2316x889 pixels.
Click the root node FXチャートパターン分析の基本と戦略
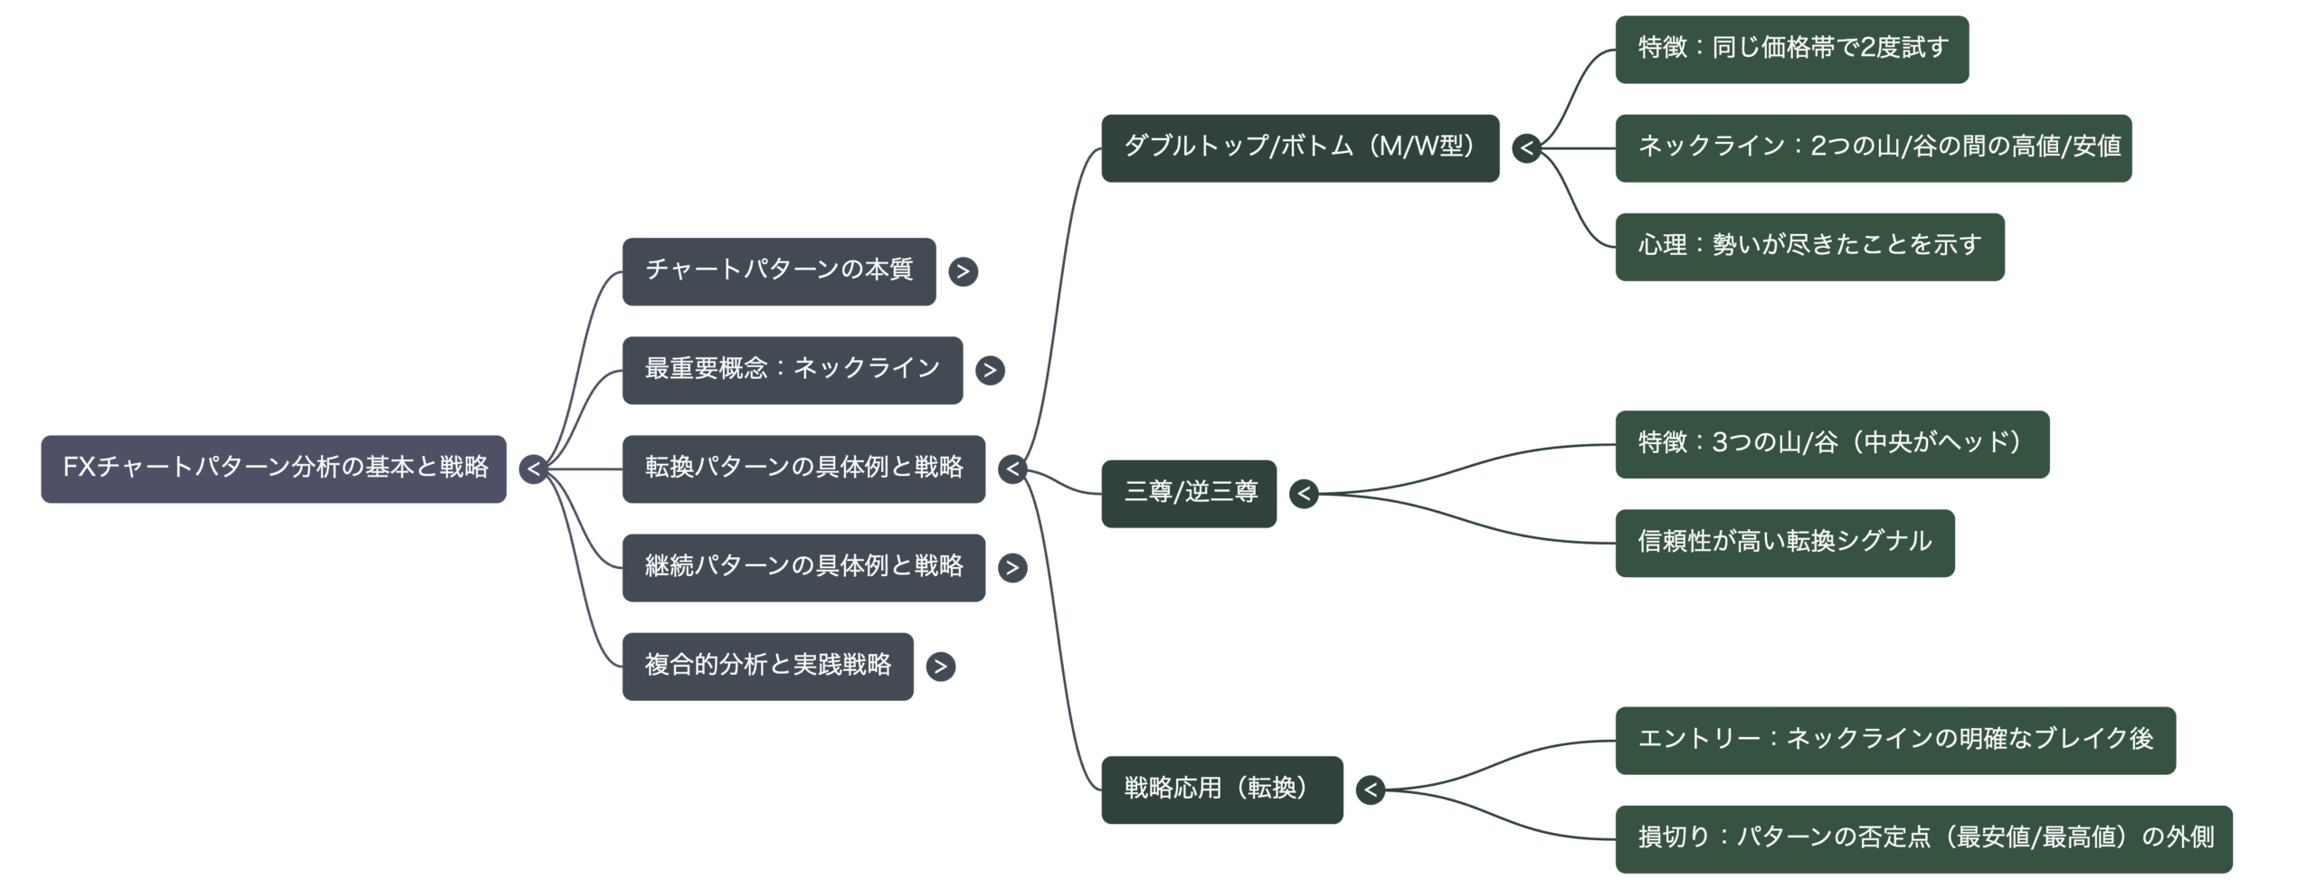(273, 468)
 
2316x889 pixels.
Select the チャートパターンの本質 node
(779, 270)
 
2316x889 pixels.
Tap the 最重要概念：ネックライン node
(793, 369)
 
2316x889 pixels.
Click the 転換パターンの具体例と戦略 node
(803, 468)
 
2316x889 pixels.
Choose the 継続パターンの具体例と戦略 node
(803, 567)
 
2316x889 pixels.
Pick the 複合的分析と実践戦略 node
(768, 666)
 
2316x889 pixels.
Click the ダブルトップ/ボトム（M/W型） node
(1299, 147)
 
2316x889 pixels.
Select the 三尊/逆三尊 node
(1189, 493)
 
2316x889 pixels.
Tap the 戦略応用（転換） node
(1221, 790)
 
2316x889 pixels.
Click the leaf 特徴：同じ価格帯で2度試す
(1792, 49)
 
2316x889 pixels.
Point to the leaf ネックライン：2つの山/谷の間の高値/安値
(1874, 147)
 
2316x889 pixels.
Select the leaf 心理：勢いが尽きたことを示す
(1809, 246)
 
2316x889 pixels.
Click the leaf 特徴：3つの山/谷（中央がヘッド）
(1832, 443)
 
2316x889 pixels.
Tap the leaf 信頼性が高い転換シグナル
(1785, 543)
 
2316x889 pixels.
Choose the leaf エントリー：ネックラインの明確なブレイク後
(1895, 740)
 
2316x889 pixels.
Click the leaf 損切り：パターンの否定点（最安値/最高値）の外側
(1924, 838)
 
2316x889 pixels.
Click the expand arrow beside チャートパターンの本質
(963, 271)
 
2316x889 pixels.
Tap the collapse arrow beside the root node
(534, 469)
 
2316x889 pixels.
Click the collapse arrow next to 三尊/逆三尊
(1304, 494)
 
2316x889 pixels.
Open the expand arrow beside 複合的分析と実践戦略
(941, 667)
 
